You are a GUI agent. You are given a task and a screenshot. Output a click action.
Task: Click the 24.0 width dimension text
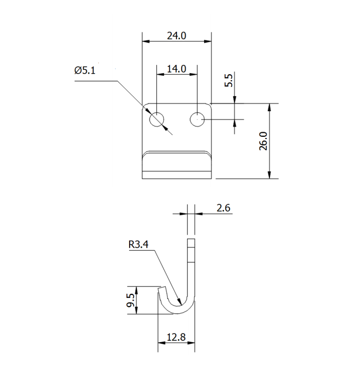point(176,36)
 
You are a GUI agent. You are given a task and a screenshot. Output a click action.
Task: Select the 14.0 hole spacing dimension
point(176,68)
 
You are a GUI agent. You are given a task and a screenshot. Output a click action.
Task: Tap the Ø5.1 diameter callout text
point(85,71)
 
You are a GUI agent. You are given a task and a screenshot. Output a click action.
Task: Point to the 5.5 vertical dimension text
point(229,81)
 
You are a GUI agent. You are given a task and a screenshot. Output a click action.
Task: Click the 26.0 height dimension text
point(263,141)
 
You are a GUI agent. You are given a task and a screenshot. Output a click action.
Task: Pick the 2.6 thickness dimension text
point(223,208)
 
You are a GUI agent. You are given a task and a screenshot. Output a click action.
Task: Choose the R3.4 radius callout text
point(138,245)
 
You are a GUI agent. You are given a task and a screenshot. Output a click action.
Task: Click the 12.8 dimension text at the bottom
point(176,338)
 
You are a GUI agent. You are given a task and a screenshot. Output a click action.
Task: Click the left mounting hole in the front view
point(156,119)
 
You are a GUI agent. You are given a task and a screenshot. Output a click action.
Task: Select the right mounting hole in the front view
point(197,119)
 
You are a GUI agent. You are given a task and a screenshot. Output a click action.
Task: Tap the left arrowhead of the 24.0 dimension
point(145,41)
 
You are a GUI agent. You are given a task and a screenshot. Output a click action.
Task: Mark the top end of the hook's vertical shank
point(191,240)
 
